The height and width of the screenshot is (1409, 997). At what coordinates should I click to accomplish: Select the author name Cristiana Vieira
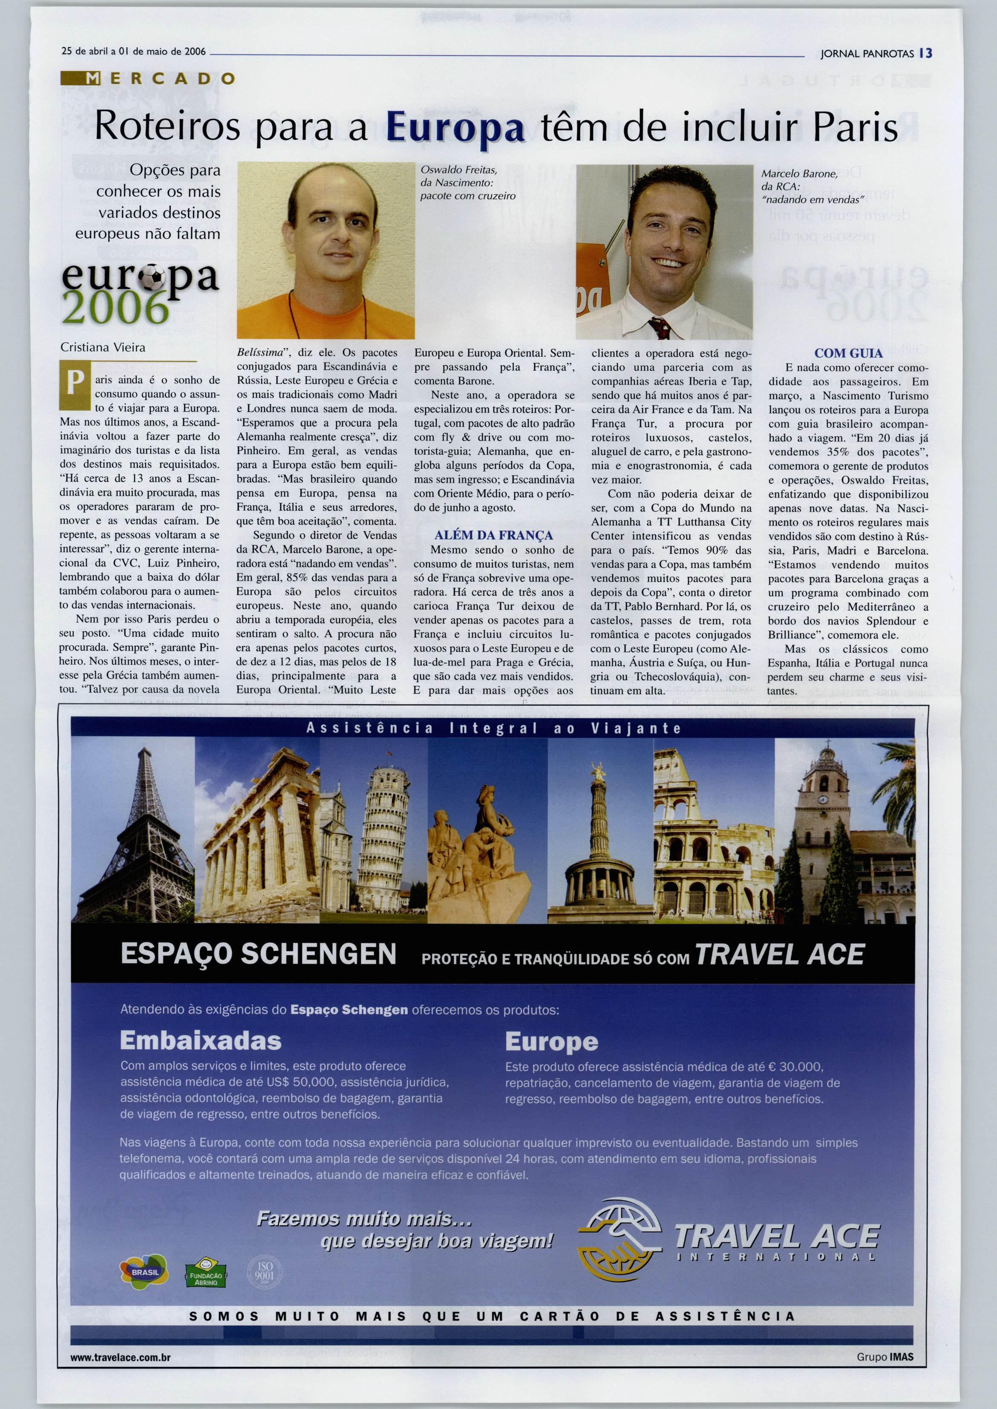[103, 348]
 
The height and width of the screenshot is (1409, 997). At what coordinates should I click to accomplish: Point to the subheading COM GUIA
[848, 353]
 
